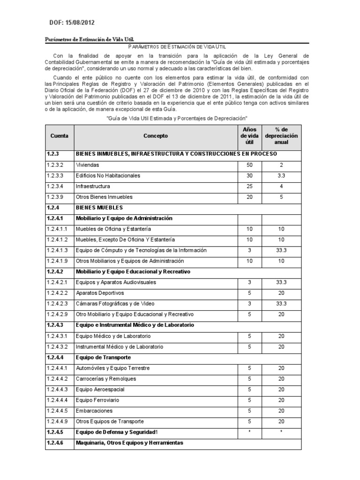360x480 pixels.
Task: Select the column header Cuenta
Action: pyautogui.click(x=59, y=136)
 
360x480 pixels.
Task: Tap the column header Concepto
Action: pyautogui.click(x=155, y=136)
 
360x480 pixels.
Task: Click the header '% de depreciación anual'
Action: pyautogui.click(x=281, y=136)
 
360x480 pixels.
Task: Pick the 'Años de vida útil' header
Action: pyautogui.click(x=249, y=136)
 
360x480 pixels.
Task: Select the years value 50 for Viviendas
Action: pyautogui.click(x=249, y=165)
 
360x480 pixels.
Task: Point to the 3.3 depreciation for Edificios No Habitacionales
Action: pyautogui.click(x=281, y=176)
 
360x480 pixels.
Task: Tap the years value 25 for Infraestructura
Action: pyautogui.click(x=249, y=187)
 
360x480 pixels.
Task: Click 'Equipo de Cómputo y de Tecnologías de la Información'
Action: pyautogui.click(x=141, y=250)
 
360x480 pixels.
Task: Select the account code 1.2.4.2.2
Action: pyautogui.click(x=57, y=293)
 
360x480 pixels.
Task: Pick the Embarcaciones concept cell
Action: pyautogui.click(x=94, y=411)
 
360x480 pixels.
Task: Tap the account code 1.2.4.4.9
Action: pyautogui.click(x=57, y=421)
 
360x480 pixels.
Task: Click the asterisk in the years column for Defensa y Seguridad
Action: pyautogui.click(x=249, y=432)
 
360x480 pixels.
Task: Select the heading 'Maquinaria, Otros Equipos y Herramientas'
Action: pyautogui.click(x=129, y=442)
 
